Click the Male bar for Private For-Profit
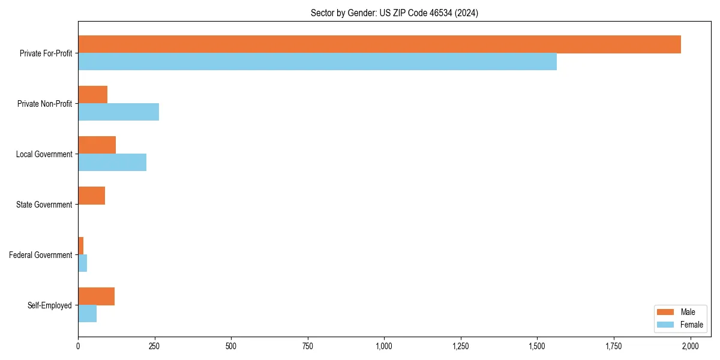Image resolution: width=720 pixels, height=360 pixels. tap(379, 44)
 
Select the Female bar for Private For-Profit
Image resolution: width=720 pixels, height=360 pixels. tap(317, 62)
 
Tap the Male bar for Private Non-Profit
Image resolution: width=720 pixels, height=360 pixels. tap(92, 95)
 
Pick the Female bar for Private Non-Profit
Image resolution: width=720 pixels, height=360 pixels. tap(118, 112)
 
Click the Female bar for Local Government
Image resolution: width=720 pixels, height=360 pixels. tap(112, 163)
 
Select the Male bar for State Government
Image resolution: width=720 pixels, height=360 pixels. tap(91, 196)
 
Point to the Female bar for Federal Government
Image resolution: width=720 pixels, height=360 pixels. tap(82, 263)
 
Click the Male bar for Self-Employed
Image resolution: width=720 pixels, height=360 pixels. tap(96, 296)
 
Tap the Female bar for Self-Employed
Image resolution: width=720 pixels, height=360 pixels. tap(87, 314)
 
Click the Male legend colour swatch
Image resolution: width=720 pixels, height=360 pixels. tap(665, 312)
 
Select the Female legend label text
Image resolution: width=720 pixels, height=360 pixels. tap(691, 325)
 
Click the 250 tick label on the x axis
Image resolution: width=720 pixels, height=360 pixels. tap(155, 346)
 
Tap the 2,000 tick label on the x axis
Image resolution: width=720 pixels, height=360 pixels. tap(690, 346)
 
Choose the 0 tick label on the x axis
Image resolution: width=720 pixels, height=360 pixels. tap(78, 346)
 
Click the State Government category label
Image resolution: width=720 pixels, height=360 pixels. tap(44, 205)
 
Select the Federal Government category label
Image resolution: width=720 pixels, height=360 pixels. tap(41, 255)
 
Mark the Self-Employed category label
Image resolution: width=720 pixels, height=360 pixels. tap(49, 305)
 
